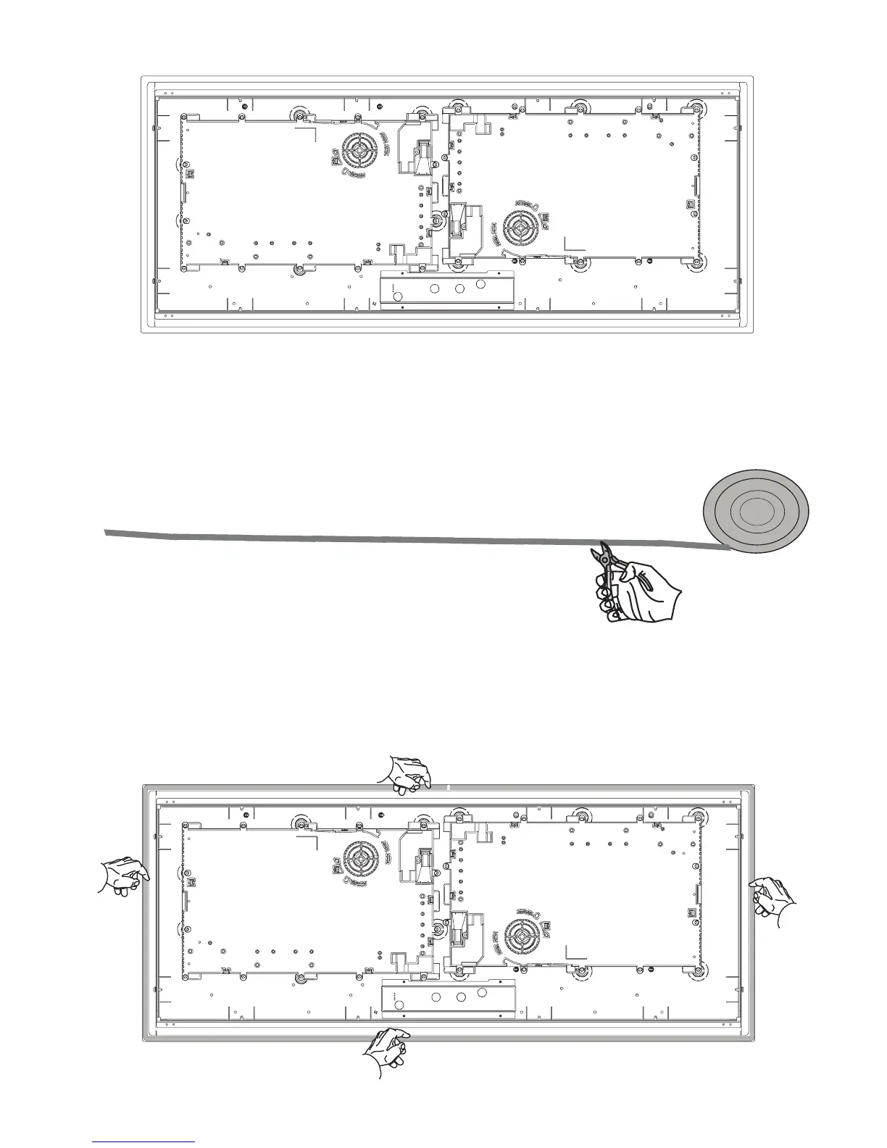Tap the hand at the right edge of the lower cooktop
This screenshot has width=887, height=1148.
tap(772, 897)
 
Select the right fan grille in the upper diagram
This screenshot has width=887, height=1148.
tap(520, 228)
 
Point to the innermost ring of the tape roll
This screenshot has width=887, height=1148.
tap(756, 513)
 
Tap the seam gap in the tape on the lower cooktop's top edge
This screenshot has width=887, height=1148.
tap(449, 786)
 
